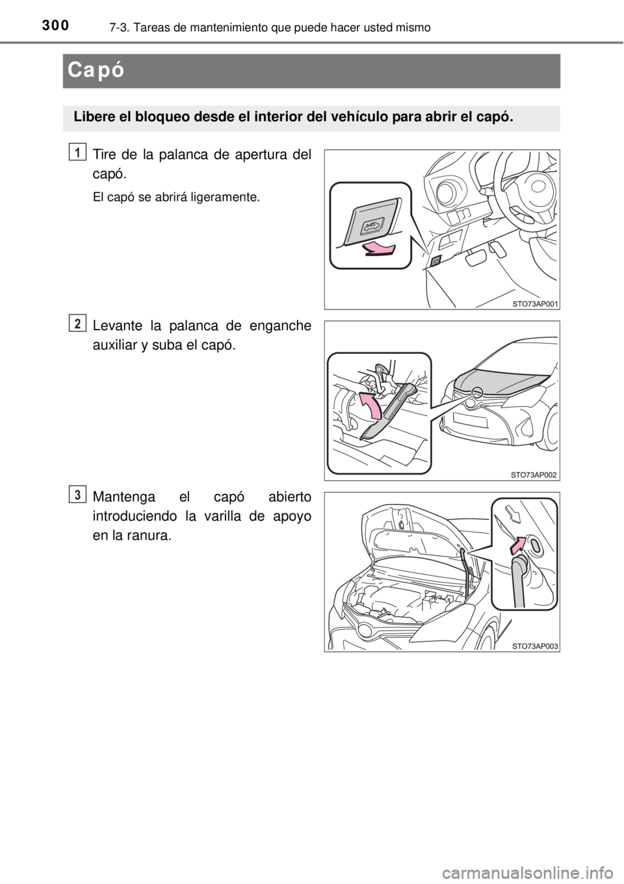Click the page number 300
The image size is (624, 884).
click(x=55, y=25)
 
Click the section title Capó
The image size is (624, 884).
click(x=96, y=71)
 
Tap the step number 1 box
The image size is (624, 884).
click(x=77, y=152)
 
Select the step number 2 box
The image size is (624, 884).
click(x=77, y=324)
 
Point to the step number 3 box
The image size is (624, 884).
click(x=77, y=495)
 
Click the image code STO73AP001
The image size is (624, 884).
click(x=535, y=304)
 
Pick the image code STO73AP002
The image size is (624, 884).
click(x=534, y=475)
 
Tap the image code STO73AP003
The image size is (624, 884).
click(x=535, y=646)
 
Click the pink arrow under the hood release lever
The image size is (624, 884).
click(x=378, y=250)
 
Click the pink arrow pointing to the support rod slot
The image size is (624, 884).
click(x=518, y=545)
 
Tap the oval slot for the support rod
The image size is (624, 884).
click(x=535, y=546)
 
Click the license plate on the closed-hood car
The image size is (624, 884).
click(x=471, y=419)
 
